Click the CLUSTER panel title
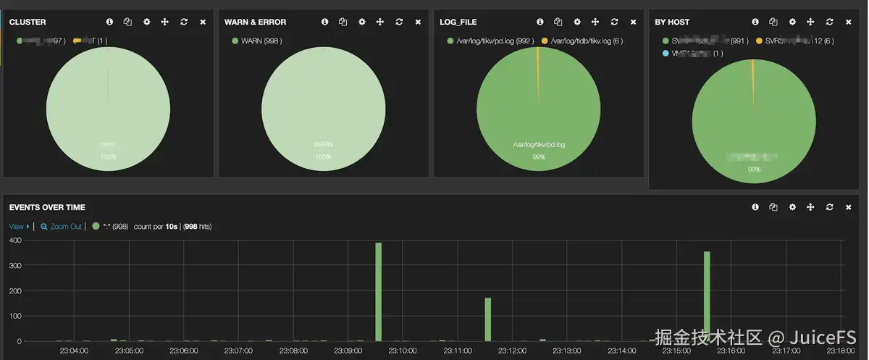click(28, 22)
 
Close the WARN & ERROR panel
click(418, 22)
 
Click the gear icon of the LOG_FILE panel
click(576, 22)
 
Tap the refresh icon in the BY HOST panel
click(829, 22)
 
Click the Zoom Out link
click(65, 227)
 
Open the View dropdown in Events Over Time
click(17, 227)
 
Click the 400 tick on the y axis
click(14, 240)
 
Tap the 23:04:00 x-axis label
click(73, 351)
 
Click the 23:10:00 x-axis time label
click(402, 351)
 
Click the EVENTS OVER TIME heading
click(47, 207)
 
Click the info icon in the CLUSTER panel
click(109, 22)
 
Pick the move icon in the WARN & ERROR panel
click(379, 22)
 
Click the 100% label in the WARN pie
click(323, 157)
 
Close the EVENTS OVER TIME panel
click(848, 207)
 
